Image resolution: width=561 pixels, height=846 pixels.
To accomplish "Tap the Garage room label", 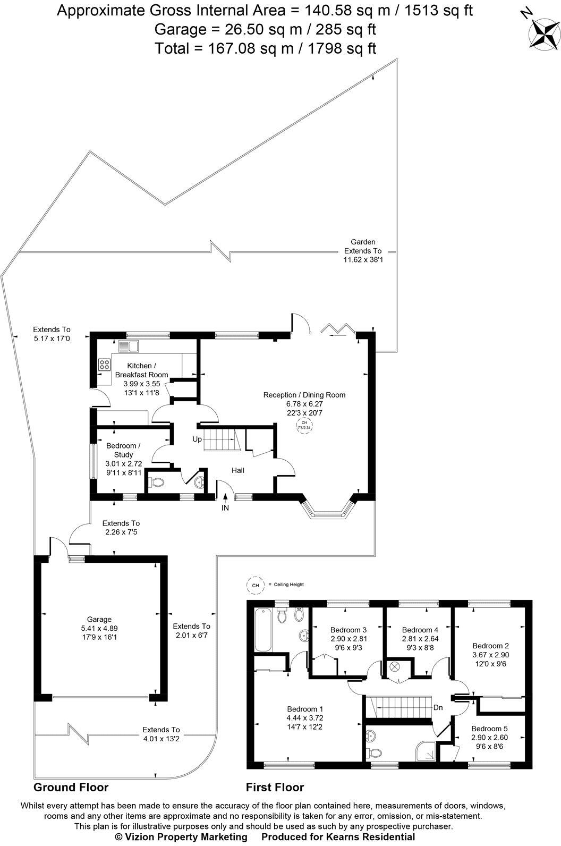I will (99, 619).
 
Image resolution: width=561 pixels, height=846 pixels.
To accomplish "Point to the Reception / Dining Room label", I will (304, 395).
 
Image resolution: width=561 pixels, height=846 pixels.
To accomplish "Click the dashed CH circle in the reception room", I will (304, 425).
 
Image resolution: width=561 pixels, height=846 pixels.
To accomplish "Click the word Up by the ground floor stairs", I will (197, 439).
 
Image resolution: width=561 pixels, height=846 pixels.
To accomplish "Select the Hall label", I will (237, 470).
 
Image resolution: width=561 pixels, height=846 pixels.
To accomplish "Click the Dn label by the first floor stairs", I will (438, 707).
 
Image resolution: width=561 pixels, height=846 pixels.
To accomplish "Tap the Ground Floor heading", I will (71, 787).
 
